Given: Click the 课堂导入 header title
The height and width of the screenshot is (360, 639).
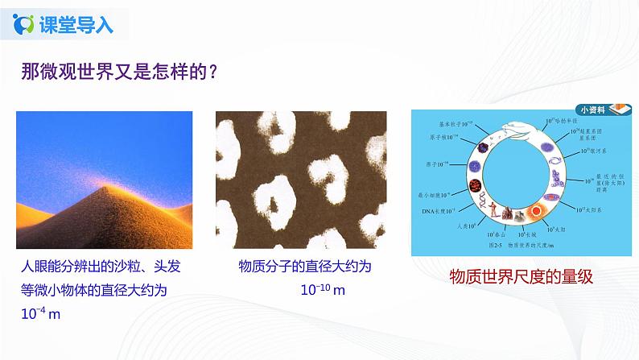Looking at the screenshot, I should [75, 24].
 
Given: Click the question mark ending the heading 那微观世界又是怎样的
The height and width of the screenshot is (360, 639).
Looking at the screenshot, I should [212, 71].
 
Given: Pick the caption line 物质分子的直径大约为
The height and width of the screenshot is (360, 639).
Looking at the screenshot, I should [298, 267].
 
